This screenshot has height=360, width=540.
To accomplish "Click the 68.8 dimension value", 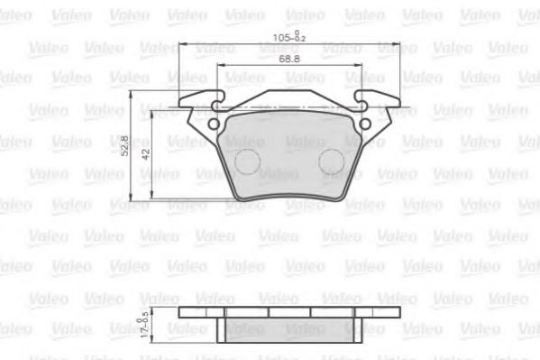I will click(x=288, y=60).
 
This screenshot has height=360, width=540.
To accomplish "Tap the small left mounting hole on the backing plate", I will click(x=214, y=125).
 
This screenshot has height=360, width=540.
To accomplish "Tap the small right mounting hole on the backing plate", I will click(x=365, y=125).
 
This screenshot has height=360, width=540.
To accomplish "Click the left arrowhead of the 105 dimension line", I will click(x=183, y=45).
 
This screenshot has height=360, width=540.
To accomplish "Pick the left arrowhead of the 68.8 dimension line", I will click(x=220, y=67).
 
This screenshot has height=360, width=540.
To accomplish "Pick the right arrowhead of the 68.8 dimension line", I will click(x=358, y=67).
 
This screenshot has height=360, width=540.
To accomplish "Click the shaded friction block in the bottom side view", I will click(x=288, y=328).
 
